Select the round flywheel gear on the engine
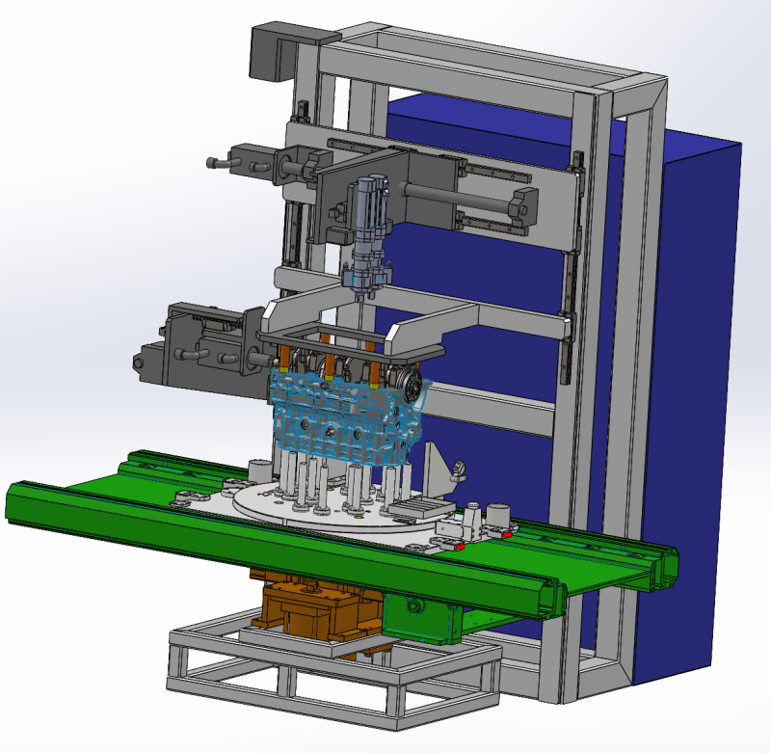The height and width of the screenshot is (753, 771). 412,388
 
